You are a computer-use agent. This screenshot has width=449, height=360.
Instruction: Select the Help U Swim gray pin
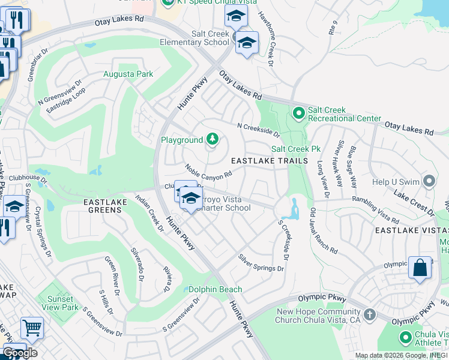tap(429, 181)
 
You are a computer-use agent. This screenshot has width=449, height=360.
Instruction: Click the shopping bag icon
tap(420, 268)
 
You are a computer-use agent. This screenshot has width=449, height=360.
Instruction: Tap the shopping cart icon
tap(32, 328)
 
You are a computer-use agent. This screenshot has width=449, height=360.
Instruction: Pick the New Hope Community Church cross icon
tap(370, 314)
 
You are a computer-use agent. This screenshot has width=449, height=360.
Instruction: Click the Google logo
tap(19, 353)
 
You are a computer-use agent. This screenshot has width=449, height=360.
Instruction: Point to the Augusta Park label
tap(128, 74)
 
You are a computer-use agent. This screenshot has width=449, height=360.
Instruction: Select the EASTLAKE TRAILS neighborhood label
tap(270, 161)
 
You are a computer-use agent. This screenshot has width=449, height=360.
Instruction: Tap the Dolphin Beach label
tap(215, 289)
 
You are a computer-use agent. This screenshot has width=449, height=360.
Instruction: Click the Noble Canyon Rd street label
tap(208, 171)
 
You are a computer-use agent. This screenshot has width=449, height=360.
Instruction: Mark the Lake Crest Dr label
tap(414, 200)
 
